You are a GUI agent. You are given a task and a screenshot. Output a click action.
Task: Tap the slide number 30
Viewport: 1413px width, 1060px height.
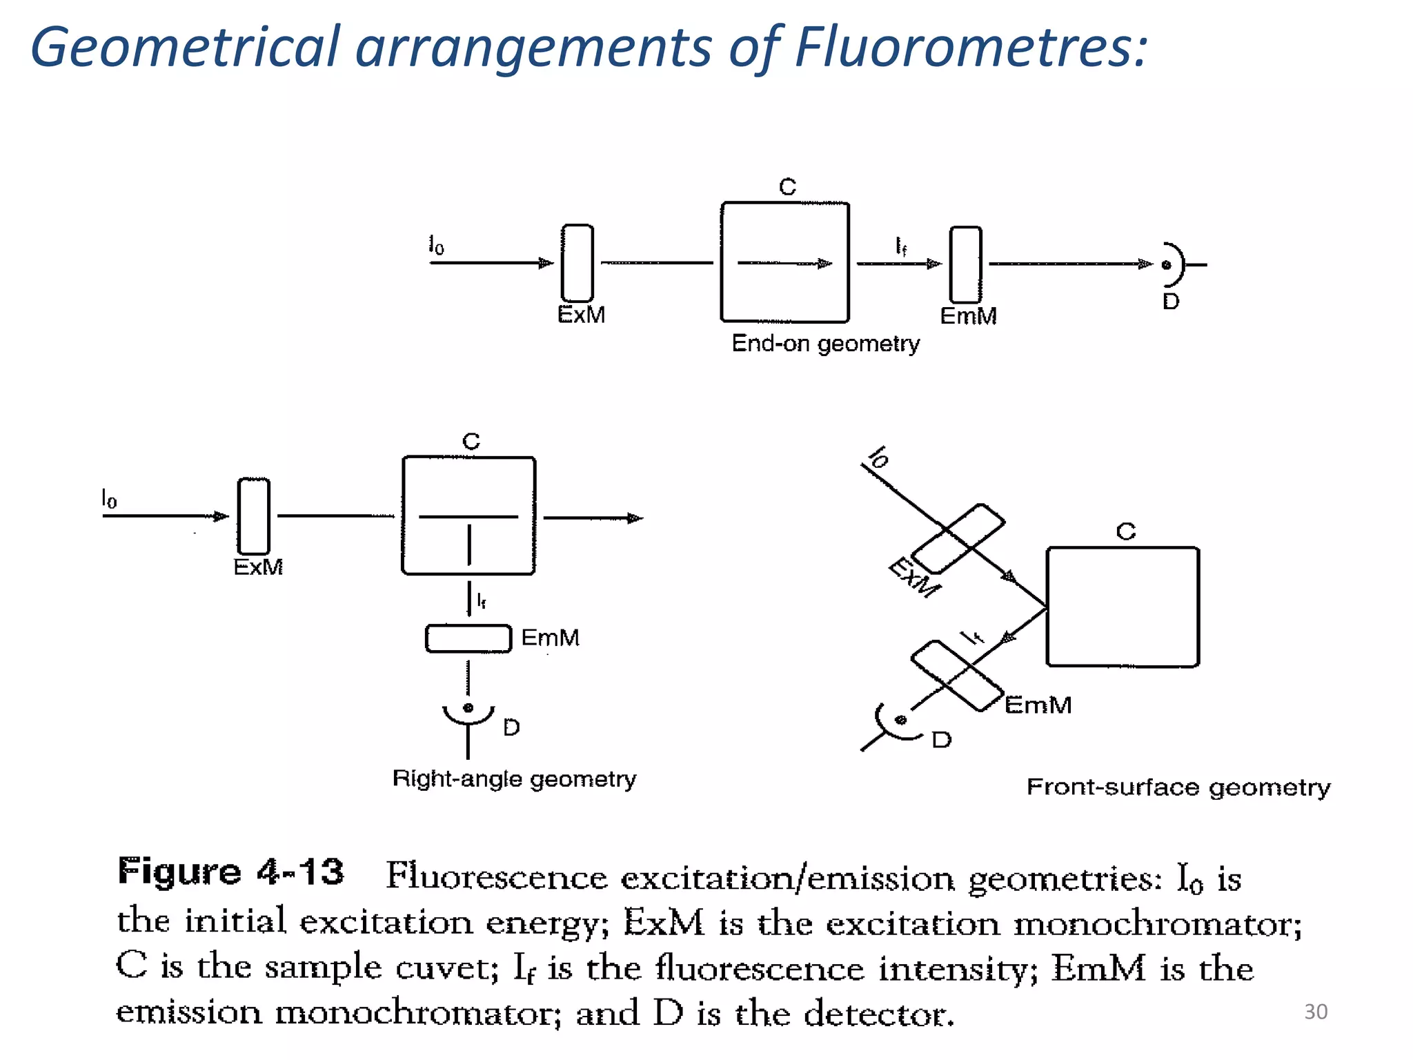tap(1315, 1012)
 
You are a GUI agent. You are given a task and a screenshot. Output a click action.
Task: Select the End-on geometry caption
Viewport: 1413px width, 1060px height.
tap(825, 344)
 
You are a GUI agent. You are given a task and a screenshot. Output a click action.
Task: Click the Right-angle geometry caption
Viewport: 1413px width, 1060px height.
tap(514, 779)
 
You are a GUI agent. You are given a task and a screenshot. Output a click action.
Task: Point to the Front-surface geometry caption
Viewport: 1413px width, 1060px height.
tap(1178, 787)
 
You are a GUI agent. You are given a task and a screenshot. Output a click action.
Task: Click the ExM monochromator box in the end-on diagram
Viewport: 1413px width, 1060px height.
tap(577, 263)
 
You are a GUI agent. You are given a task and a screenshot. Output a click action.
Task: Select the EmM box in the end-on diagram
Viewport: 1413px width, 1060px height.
tap(965, 264)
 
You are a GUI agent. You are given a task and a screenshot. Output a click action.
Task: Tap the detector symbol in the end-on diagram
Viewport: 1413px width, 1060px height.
tap(1173, 264)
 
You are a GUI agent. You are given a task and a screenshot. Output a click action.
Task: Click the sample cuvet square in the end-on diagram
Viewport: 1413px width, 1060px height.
tap(784, 262)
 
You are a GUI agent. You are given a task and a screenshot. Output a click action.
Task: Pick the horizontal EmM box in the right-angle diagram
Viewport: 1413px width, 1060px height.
tap(468, 638)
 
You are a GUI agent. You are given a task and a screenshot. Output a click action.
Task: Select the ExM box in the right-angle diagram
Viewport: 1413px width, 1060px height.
tap(253, 516)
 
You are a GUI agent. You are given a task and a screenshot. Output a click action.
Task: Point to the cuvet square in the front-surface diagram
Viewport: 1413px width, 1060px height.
tap(1123, 607)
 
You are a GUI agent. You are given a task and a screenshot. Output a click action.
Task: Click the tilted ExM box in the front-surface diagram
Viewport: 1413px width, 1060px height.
tap(958, 539)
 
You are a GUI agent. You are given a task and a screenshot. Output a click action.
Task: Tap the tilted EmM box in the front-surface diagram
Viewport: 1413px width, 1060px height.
tap(957, 676)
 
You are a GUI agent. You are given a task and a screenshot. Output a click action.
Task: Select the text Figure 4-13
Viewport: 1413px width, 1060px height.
tap(230, 872)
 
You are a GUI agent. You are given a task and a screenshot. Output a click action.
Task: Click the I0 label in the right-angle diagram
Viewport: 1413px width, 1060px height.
tap(109, 498)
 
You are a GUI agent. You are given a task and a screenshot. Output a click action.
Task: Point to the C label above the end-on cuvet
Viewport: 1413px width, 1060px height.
tap(787, 186)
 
